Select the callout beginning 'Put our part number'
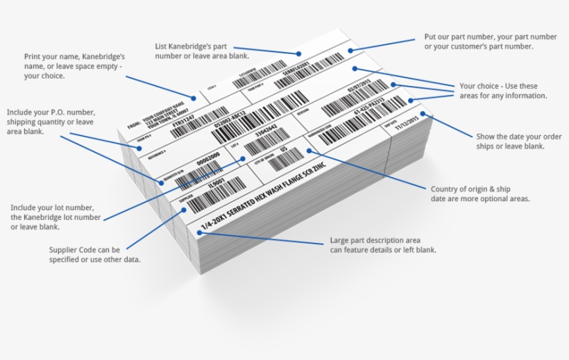[490, 41]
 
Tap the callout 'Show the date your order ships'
[509, 141]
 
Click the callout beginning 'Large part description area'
[382, 246]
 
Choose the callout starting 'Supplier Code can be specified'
[95, 254]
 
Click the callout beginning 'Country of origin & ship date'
[479, 194]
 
